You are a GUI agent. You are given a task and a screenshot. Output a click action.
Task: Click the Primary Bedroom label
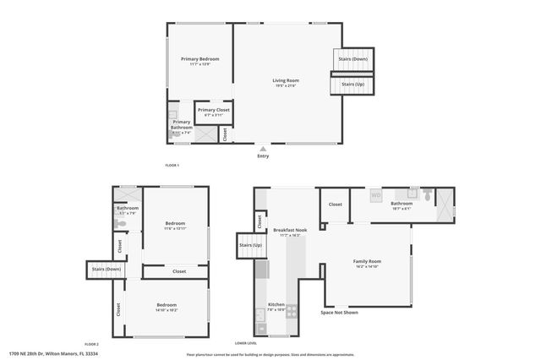200,58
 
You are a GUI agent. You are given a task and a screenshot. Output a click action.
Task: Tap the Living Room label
286,80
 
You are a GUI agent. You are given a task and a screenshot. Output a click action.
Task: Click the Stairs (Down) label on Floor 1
353,59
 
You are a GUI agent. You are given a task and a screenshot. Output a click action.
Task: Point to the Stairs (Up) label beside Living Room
353,85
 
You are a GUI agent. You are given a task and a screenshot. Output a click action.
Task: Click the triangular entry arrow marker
263,148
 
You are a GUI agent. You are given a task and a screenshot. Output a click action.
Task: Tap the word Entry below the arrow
263,156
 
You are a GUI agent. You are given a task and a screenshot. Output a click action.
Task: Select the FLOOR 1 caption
172,164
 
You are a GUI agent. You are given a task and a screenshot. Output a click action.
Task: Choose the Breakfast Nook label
290,230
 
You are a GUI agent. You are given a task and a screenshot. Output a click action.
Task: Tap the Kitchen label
276,304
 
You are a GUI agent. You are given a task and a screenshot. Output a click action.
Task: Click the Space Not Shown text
339,313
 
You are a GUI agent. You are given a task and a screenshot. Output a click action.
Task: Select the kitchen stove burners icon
292,311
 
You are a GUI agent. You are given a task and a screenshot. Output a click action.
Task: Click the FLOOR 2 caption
91,344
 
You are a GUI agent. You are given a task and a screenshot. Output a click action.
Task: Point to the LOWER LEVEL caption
246,344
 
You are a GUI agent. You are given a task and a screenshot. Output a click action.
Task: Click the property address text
54,353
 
